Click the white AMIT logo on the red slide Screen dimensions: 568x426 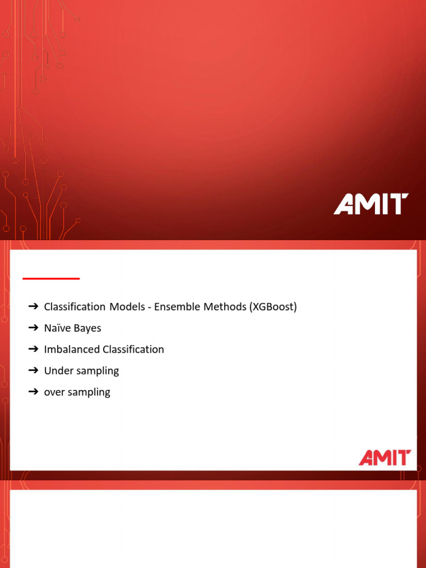(x=371, y=204)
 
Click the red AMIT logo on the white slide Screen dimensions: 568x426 (x=384, y=458)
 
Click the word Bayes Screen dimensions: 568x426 (x=88, y=328)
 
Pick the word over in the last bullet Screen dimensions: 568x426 (x=54, y=392)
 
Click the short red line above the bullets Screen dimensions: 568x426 (x=51, y=278)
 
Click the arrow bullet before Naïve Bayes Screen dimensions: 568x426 (x=33, y=328)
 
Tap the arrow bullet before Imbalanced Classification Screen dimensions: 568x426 (x=33, y=349)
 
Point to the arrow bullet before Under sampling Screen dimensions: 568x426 (x=33, y=371)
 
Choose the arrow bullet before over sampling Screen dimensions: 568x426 (x=33, y=392)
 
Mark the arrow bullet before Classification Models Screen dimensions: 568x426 (x=33, y=307)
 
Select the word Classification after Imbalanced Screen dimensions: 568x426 (x=133, y=349)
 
